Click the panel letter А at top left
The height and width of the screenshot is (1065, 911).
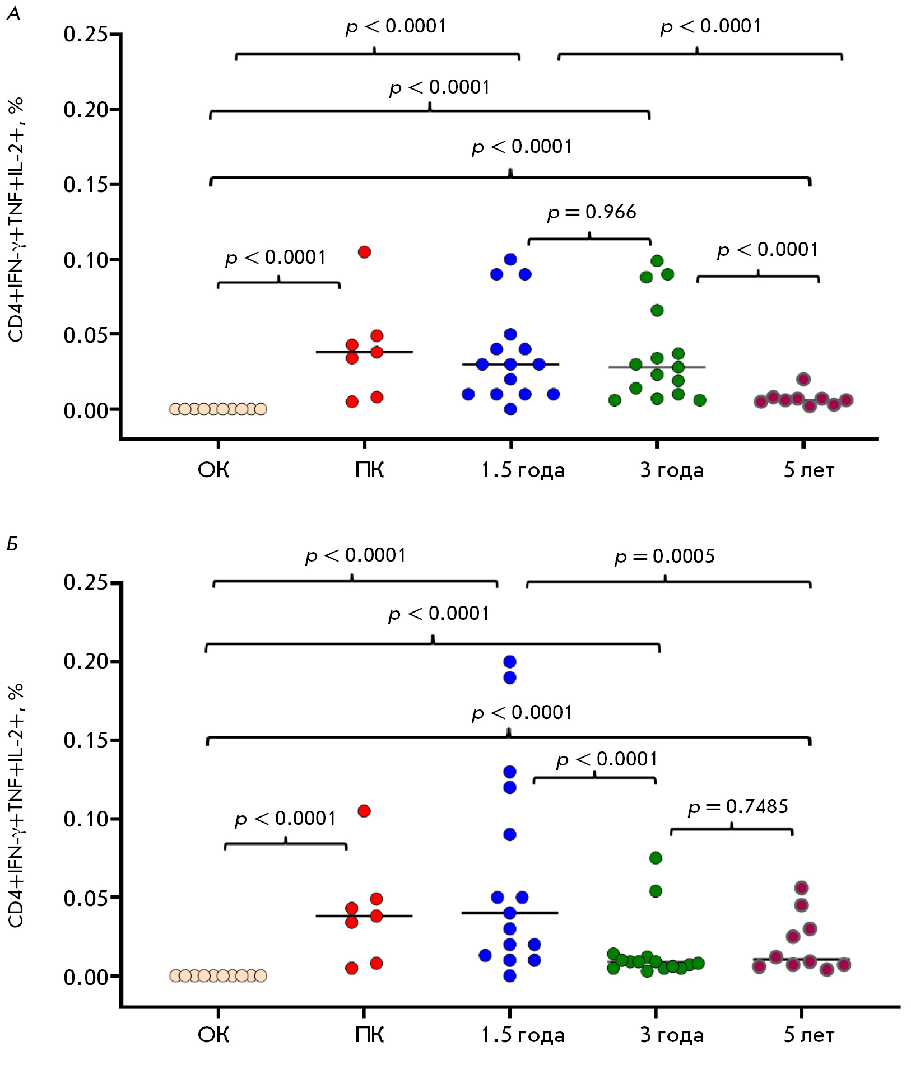coord(13,14)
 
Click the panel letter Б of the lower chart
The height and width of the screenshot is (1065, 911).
coord(12,544)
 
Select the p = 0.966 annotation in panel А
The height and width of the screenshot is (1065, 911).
coord(592,212)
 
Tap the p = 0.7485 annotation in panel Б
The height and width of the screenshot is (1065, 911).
coord(737,807)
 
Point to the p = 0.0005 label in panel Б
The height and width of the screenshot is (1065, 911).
coord(664,557)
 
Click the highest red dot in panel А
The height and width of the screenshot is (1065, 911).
coord(364,252)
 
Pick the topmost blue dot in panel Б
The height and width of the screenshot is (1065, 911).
coord(510,662)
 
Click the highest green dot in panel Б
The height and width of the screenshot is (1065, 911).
coord(656,858)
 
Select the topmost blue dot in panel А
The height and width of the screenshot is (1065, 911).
coord(510,259)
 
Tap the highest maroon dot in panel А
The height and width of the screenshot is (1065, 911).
coord(803,379)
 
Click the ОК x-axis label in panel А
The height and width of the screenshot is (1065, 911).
coord(213,470)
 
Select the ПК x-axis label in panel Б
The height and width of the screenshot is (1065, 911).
coord(369,1035)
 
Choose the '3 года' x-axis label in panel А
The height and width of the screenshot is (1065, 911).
coord(671,470)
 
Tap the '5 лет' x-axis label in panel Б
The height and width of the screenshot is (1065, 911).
coord(808,1035)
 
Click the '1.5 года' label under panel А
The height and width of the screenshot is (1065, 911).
coord(522,470)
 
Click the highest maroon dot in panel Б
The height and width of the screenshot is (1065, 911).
coord(802,888)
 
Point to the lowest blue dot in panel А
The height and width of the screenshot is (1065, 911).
coord(510,409)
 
